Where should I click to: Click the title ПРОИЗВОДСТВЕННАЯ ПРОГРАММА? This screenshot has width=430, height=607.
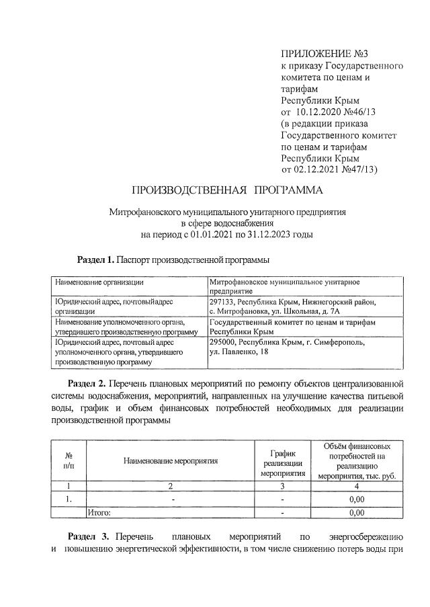pos(227,191)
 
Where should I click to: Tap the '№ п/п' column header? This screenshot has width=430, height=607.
pos(69,460)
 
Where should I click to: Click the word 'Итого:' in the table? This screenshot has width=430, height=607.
pos(99,512)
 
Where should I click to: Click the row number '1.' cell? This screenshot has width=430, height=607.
pos(69,499)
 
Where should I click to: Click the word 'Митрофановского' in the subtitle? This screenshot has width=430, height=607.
pos(144,211)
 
